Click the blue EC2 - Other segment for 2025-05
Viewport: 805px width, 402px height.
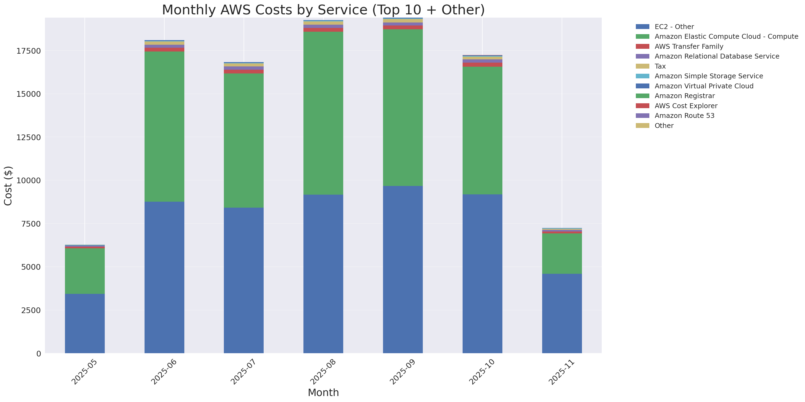pyautogui.click(x=85, y=323)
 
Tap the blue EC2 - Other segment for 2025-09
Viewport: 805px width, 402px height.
pyautogui.click(x=403, y=269)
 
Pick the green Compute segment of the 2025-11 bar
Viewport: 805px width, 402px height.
pyautogui.click(x=562, y=254)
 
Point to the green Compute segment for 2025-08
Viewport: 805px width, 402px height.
pyautogui.click(x=323, y=113)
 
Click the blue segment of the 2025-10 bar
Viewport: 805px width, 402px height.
pyautogui.click(x=482, y=274)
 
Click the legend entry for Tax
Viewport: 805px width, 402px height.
pyautogui.click(x=660, y=66)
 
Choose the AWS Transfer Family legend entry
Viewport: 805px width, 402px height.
pyautogui.click(x=689, y=47)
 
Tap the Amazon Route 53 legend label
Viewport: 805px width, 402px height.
pyautogui.click(x=684, y=116)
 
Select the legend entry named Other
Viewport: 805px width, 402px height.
pyautogui.click(x=664, y=126)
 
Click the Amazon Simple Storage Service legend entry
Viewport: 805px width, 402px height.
pyautogui.click(x=708, y=76)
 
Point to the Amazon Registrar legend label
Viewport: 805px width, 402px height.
pyautogui.click(x=684, y=96)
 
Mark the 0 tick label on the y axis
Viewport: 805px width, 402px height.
pyautogui.click(x=38, y=353)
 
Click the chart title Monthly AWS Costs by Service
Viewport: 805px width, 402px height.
pyautogui.click(x=323, y=10)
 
